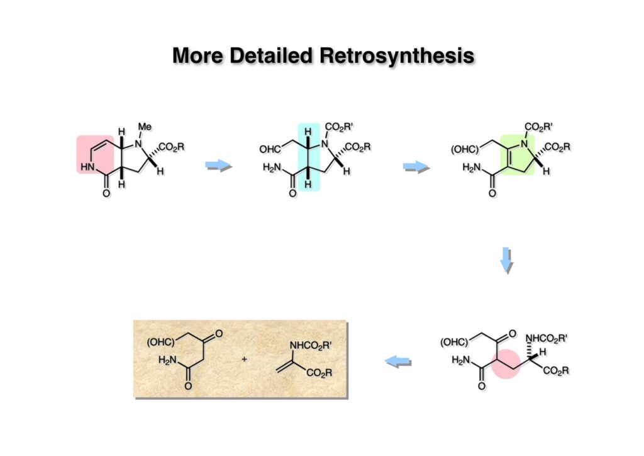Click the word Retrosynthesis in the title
397,55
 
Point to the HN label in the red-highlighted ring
87,167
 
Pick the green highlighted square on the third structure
516,154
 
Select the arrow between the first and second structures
219,166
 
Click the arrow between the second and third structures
415,166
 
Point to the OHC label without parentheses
271,149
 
